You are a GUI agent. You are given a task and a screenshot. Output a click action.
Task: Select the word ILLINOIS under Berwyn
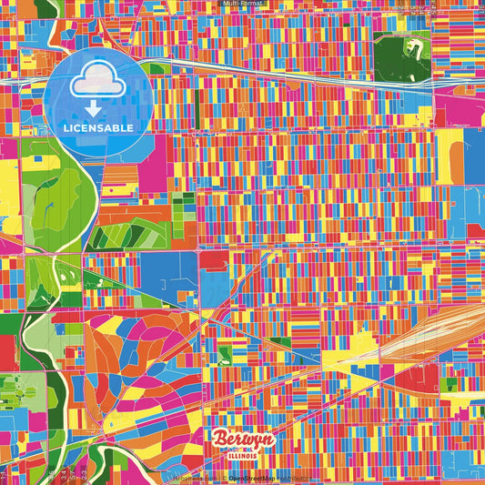pyautogui.click(x=243, y=455)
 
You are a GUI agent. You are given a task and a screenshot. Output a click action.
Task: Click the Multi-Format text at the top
pyautogui.click(x=242, y=5)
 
